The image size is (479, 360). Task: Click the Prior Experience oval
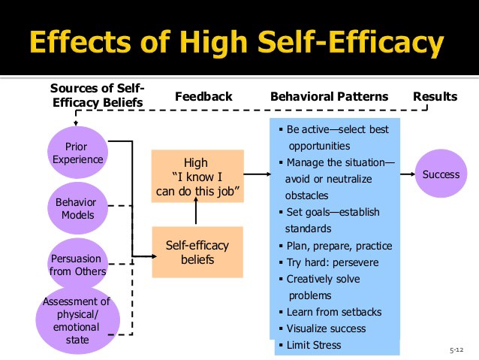click(78, 153)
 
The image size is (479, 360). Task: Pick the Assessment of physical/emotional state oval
click(77, 321)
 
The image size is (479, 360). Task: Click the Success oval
click(440, 175)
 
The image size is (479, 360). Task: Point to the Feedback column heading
click(203, 97)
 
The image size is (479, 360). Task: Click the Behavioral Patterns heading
click(329, 97)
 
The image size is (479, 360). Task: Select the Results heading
click(435, 97)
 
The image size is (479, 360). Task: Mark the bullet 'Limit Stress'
click(313, 345)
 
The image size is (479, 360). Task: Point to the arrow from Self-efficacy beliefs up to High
click(197, 215)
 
